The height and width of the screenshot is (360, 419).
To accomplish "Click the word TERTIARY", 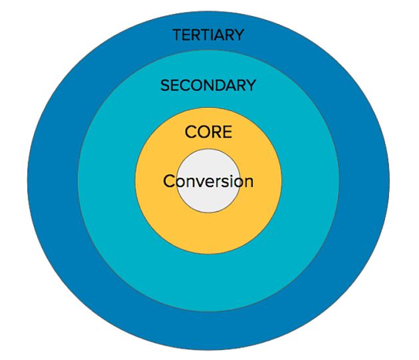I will pos(208,35).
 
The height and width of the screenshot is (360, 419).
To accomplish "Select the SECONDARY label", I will pos(208,85).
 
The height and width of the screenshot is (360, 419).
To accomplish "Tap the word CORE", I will pos(208,132).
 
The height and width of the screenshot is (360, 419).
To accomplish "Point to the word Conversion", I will pos(208,181).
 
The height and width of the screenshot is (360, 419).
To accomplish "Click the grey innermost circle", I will pos(208,200).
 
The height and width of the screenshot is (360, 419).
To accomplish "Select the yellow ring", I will pos(160,200).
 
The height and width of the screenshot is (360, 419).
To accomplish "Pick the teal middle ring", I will pos(106,200).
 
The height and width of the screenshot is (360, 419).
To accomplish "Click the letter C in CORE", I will pos(191,132).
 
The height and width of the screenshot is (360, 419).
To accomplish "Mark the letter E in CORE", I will pos(227,132).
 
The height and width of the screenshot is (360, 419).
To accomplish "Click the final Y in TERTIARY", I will pos(239,35).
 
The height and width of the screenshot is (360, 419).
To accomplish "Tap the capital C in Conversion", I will pos(169,181).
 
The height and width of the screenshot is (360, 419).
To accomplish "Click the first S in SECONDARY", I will pos(165,85).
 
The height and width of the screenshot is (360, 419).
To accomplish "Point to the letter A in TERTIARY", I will pos(219,35).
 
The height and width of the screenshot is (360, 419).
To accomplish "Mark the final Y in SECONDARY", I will pos(251,85).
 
